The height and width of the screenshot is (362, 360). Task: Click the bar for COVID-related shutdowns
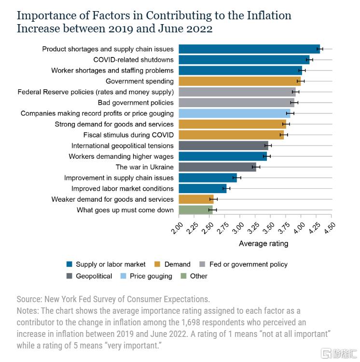tap(244, 60)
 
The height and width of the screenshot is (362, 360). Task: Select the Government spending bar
tap(239, 81)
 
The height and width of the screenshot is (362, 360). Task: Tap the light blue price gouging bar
tap(234, 113)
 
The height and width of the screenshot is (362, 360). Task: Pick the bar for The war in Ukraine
tap(217, 167)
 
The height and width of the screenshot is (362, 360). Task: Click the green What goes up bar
tap(195, 210)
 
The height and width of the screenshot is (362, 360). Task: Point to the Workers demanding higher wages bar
tap(222, 156)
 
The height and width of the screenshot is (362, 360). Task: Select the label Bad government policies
tap(136, 103)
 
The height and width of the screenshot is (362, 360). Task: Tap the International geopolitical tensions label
tap(123, 146)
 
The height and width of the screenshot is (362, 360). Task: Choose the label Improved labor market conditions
tap(123, 189)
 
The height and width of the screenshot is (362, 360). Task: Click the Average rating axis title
tap(263, 244)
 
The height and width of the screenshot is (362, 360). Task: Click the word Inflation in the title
tap(269, 15)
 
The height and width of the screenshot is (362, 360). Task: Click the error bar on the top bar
tap(320, 49)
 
